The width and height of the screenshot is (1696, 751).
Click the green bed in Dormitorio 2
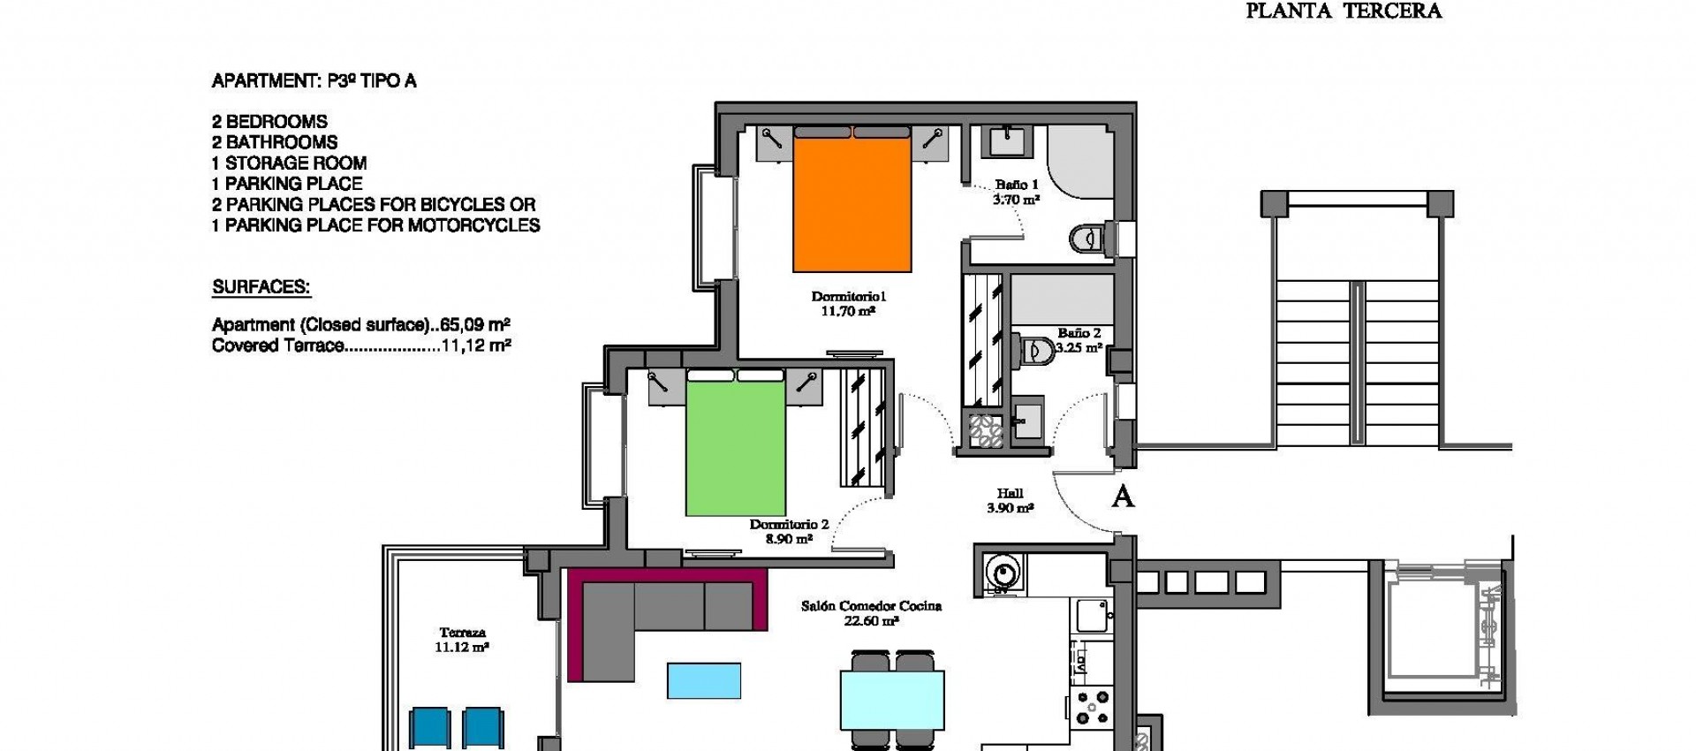[x=736, y=451]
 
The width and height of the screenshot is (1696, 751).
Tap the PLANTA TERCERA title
[x=1343, y=11]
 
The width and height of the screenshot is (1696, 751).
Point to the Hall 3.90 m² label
[x=1010, y=500]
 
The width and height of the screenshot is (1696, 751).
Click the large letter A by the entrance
[x=1122, y=497]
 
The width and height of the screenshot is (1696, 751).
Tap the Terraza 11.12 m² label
[x=462, y=640]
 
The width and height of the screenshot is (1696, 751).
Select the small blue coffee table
[x=704, y=681]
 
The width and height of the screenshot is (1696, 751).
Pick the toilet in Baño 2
[x=1032, y=351]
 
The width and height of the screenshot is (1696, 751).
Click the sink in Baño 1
[x=1006, y=141]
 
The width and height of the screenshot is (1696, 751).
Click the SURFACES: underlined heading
[x=261, y=287]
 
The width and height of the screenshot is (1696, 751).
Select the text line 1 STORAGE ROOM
[x=289, y=163]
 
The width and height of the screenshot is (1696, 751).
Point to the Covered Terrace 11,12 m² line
[x=361, y=346]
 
